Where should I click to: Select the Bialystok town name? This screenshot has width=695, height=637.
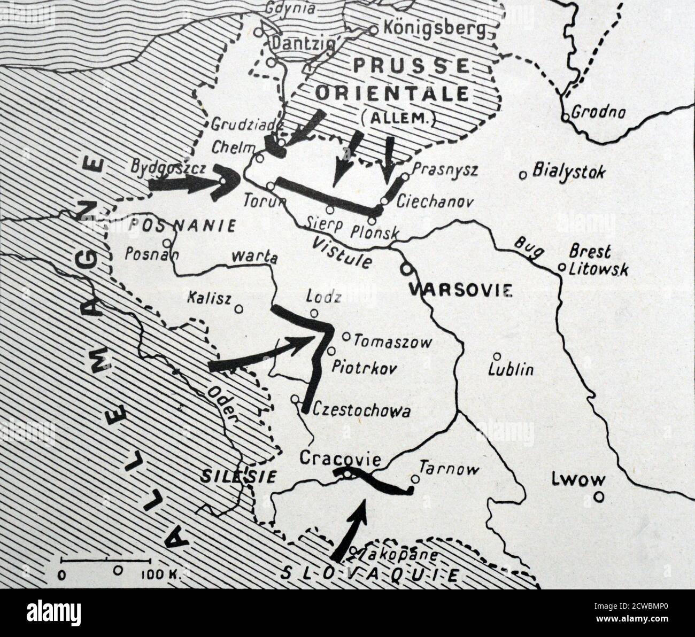click(x=569, y=173)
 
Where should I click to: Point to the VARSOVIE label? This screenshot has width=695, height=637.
click(x=460, y=291)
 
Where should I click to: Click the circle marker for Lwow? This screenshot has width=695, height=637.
click(x=600, y=496)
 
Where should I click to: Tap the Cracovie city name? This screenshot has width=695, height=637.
click(x=340, y=459)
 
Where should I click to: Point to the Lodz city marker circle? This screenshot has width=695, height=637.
click(x=314, y=314)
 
